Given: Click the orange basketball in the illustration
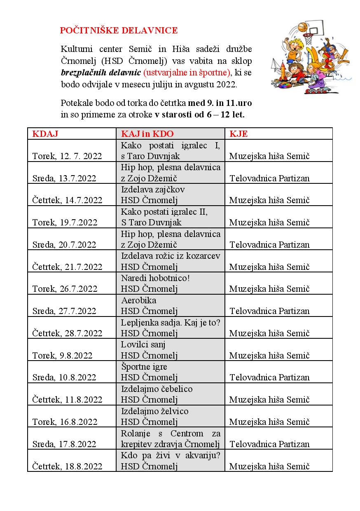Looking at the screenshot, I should pyautogui.click(x=302, y=28).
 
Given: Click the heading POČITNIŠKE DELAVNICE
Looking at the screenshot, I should pyautogui.click(x=119, y=30).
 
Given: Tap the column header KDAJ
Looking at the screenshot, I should pyautogui.click(x=45, y=134).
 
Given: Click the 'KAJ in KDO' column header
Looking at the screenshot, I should pyautogui.click(x=147, y=134).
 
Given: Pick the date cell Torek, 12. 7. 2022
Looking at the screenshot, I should pyautogui.click(x=67, y=156).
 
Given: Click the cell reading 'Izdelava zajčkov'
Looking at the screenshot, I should pyautogui.click(x=153, y=190).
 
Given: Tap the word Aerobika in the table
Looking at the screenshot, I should pyautogui.click(x=139, y=300).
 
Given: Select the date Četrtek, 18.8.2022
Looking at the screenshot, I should pyautogui.click(x=67, y=466).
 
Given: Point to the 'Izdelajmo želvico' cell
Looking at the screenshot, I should pyautogui.click(x=154, y=411).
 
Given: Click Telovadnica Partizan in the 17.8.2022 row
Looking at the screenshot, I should pyautogui.click(x=269, y=444).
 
